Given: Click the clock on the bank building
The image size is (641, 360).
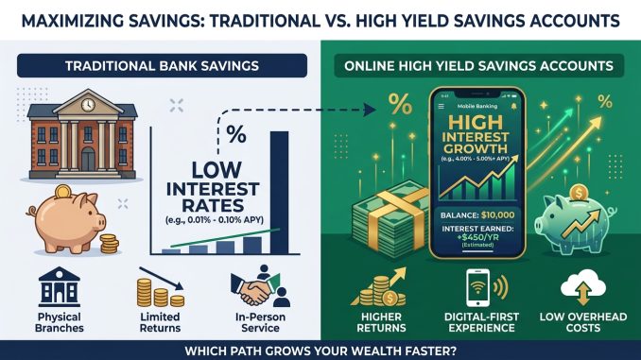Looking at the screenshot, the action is pos(87,105).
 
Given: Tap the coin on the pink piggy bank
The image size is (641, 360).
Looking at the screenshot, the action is pos(63,191).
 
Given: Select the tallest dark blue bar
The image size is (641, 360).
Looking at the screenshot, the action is pos(279,193).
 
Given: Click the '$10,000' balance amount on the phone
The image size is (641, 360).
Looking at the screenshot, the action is pos(498,214).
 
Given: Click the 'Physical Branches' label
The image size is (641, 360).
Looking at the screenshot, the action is pos(60,322).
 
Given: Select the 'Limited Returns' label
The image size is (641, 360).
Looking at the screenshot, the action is pos(160,322).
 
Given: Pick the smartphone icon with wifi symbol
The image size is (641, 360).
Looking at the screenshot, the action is pos(477,287).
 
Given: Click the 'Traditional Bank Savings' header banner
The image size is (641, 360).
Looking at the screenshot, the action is pos(162,66).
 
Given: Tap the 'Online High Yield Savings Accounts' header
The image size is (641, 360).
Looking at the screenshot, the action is pos(478,66).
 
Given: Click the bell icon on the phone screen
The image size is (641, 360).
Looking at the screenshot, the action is pos(513,106).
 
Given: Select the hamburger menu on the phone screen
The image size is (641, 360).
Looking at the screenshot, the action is pos(442,106).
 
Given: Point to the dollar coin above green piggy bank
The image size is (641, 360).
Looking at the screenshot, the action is pos(579,193).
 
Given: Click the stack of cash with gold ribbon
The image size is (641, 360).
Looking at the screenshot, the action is pos(389,218).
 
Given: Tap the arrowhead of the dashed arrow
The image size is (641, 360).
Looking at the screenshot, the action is pos(371,110).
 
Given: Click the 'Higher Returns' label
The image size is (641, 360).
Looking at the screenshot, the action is pos(381,322).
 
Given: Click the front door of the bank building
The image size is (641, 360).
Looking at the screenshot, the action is pos(88,160).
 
